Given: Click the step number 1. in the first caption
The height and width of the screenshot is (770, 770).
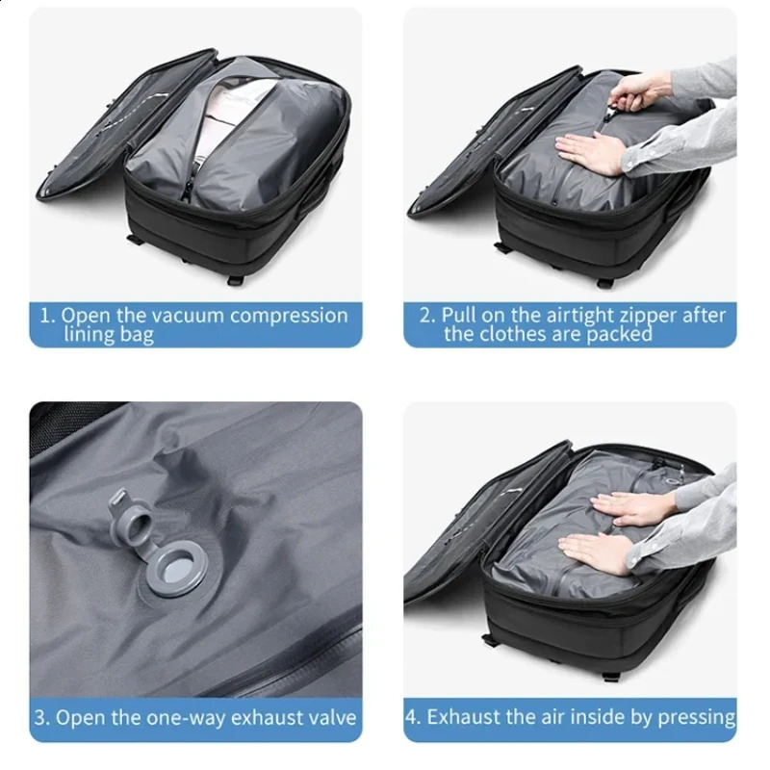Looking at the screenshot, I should click(x=45, y=316).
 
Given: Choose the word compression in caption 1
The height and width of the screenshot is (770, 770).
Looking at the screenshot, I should click(x=289, y=316).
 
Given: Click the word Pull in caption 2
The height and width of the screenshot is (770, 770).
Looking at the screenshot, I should click(x=460, y=316).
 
